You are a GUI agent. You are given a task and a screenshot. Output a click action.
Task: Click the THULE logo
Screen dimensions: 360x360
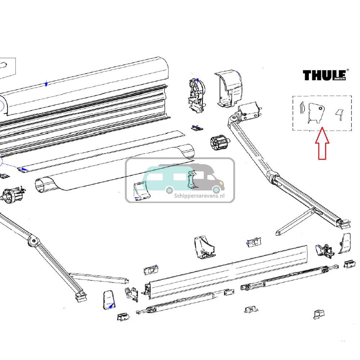pos(324,75)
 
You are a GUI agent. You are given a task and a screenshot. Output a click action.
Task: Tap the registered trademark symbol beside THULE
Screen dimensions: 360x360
pos(347,70)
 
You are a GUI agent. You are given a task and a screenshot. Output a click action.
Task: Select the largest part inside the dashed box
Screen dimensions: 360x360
pos(315,113)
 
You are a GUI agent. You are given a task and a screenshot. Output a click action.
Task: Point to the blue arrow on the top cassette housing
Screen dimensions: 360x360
pos(46,84)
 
